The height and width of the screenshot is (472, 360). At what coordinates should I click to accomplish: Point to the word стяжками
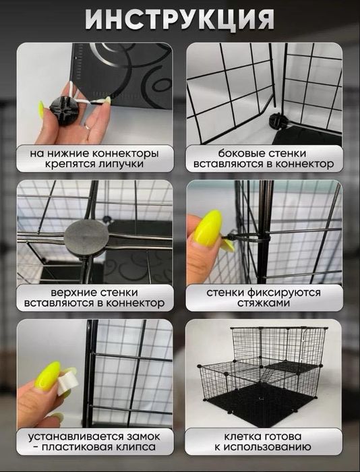[263, 304]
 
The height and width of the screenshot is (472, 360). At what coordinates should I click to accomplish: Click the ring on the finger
[88, 125]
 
